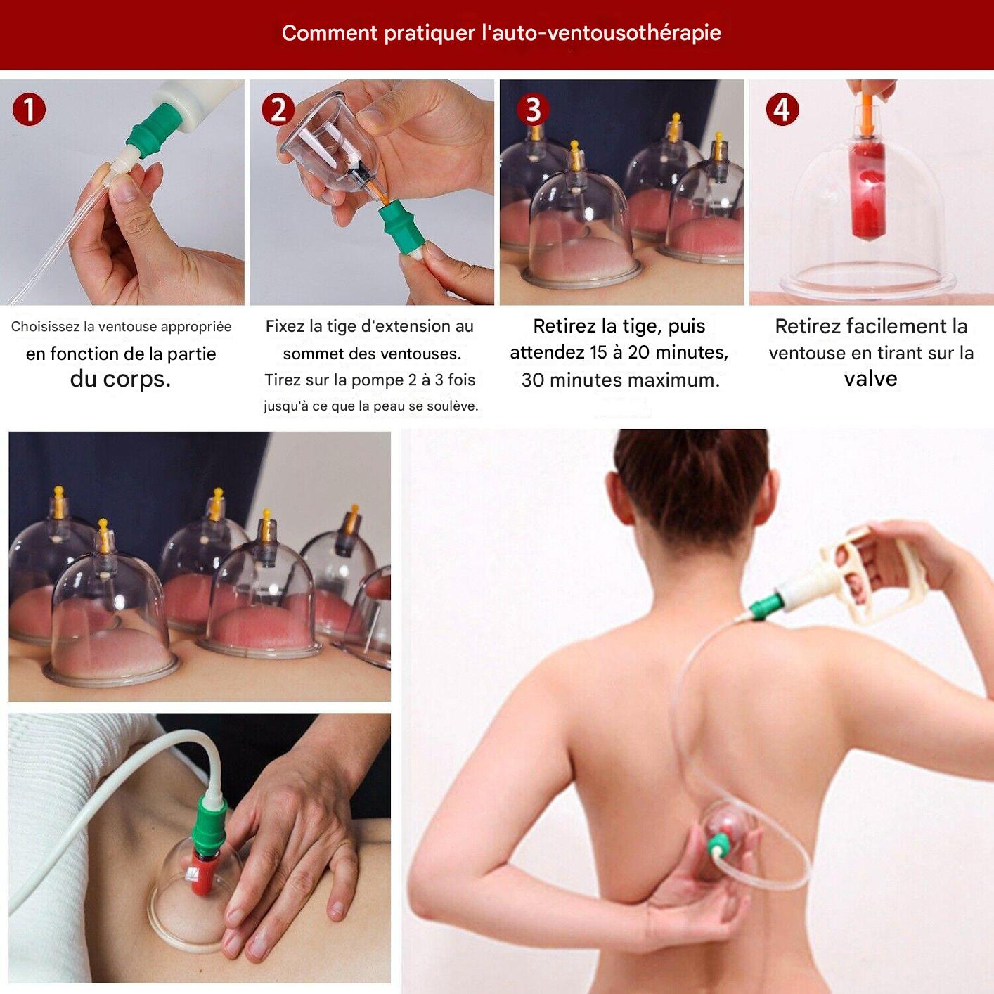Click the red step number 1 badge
[29, 110]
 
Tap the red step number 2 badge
[278, 110]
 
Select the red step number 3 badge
[533, 110]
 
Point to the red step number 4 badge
[782, 110]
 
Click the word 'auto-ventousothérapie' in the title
[601, 33]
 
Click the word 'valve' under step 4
[870, 379]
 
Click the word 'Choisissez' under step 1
[45, 327]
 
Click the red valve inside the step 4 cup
[868, 190]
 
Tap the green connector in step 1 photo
[150, 129]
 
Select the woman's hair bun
[692, 485]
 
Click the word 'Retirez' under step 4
[808, 327]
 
